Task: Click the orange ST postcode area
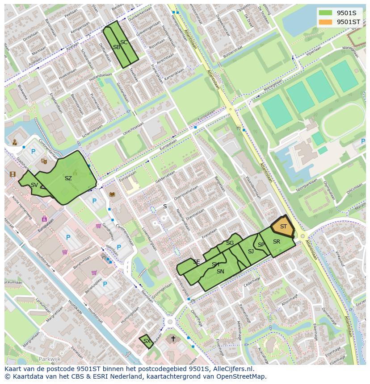click(x=283, y=227)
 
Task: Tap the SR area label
click(x=277, y=242)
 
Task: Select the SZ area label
click(x=68, y=178)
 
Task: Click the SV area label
click(x=34, y=185)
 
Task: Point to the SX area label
click(x=147, y=341)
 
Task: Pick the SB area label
click(x=116, y=47)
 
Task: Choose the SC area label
click(x=124, y=42)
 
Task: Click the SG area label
click(x=230, y=243)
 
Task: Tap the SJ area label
click(x=251, y=252)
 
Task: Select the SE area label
click(x=197, y=262)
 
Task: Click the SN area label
click(x=220, y=271)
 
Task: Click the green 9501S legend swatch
click(x=326, y=12)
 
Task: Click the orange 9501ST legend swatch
click(x=326, y=21)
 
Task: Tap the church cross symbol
click(x=173, y=339)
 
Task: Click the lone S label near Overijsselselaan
click(x=165, y=206)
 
